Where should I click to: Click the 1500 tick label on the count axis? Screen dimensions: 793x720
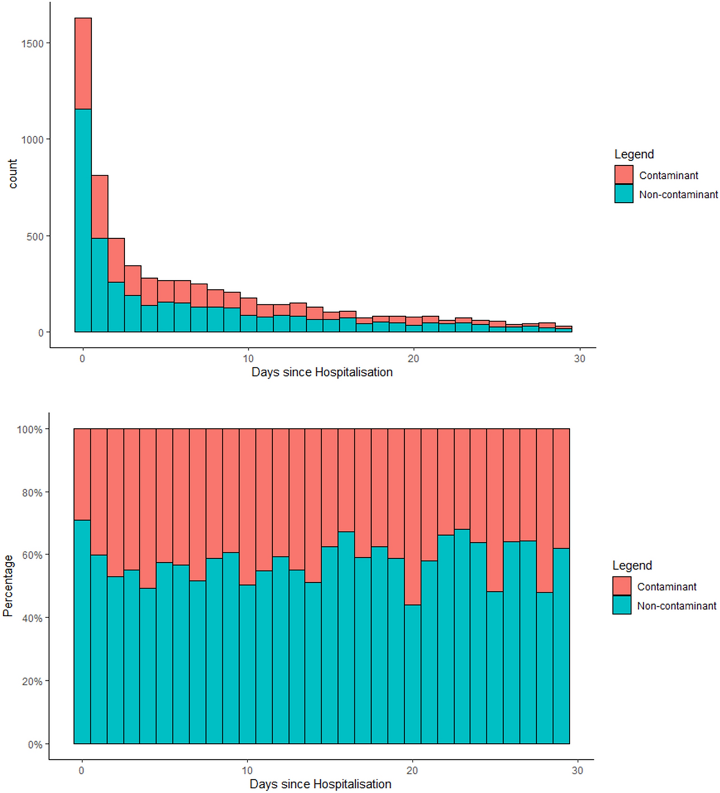point(32,44)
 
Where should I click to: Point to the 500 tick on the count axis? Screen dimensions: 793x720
point(35,236)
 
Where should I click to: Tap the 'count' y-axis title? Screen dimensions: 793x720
point(13,174)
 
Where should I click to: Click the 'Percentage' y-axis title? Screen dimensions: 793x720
point(7,586)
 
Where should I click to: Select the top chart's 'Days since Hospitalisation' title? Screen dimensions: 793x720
point(322,372)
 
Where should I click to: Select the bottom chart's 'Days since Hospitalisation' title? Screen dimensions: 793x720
point(320,784)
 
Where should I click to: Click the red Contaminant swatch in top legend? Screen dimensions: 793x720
point(624,175)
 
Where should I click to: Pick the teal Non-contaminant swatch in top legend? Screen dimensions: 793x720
point(624,194)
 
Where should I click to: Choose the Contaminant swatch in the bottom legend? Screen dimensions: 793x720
point(622,586)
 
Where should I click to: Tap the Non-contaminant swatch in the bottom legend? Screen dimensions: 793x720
point(622,605)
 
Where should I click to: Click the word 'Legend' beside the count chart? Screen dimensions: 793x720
point(633,154)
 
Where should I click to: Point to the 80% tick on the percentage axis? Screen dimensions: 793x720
point(32,493)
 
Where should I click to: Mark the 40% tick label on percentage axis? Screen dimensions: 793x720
point(32,619)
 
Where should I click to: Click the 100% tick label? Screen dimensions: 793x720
point(30,430)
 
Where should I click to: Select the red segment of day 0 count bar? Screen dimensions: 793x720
point(83,63)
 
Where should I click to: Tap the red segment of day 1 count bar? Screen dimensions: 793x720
point(100,206)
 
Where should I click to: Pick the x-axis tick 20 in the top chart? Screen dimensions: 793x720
point(413,358)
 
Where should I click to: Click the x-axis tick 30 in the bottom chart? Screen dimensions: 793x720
point(577,770)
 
